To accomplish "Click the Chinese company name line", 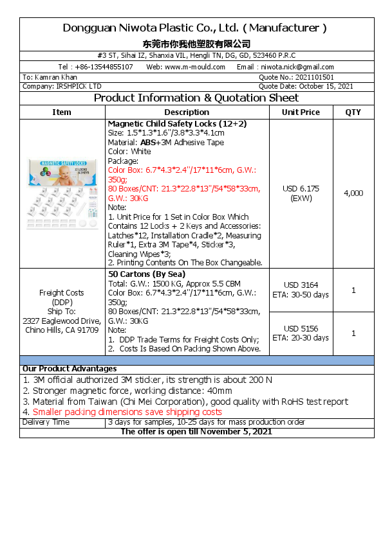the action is [x=196, y=44].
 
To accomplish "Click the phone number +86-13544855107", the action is [x=105, y=67].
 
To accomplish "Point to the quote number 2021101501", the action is [x=315, y=77].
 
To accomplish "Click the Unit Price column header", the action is [x=301, y=112].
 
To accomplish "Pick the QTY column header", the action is [x=353, y=112].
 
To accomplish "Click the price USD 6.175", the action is [x=301, y=189].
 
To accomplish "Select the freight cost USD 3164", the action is [x=301, y=285].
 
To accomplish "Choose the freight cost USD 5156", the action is [x=301, y=328].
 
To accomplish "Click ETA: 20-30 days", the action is [x=301, y=338].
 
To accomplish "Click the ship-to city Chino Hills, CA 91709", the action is [x=62, y=330].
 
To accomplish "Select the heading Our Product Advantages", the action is [x=70, y=369].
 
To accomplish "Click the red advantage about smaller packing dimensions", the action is [x=127, y=412].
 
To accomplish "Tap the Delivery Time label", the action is [x=46, y=422].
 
